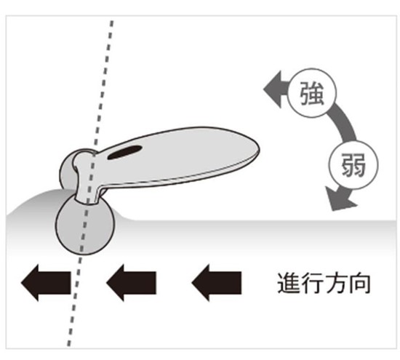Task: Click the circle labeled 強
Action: (x=312, y=93)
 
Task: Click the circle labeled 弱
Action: (x=354, y=164)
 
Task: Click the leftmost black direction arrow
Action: (x=46, y=283)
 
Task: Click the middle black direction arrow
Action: (x=131, y=283)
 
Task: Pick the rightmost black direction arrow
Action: (x=216, y=283)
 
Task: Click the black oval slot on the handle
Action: (x=124, y=153)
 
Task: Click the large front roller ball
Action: (x=85, y=225)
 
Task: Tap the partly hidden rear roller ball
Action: (x=67, y=171)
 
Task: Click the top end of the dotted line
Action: (x=112, y=21)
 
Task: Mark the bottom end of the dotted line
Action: (x=68, y=345)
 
